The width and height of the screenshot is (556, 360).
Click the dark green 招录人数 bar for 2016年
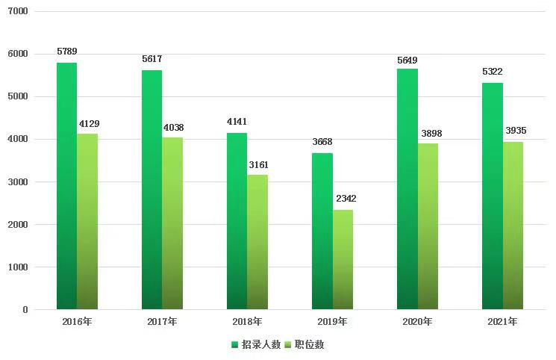coord(66,186)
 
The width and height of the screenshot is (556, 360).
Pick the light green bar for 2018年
coord(257,242)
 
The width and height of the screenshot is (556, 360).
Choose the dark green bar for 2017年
coord(152,190)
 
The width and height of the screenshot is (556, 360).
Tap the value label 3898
coord(428,132)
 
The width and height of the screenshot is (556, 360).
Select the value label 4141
coord(237,122)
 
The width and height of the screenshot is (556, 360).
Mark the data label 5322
coord(492,72)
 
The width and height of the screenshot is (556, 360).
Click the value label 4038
coord(172,127)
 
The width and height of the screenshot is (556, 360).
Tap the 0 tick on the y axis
coord(25,309)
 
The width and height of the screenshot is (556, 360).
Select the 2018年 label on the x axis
coord(247,322)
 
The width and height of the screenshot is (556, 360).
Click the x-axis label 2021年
coord(502,322)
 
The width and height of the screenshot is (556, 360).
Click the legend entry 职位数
coord(310,344)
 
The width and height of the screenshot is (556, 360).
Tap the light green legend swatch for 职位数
coord(288,344)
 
